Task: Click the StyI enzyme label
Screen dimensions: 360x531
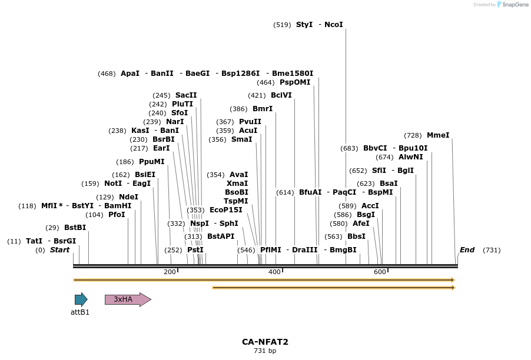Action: coord(304,25)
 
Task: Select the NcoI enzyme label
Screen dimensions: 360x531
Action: coord(333,25)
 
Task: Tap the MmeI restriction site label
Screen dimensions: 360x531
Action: coord(438,135)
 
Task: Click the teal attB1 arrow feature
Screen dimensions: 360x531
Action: coord(81,299)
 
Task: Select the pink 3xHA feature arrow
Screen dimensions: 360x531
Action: coord(128,299)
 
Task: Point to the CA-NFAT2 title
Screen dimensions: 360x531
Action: coord(265,342)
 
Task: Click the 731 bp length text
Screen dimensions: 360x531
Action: coord(265,351)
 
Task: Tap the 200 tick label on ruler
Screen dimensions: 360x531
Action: coord(170,272)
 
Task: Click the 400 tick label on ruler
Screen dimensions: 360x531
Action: coord(274,272)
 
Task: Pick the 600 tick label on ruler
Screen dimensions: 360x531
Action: coord(380,272)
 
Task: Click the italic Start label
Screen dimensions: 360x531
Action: coord(59,250)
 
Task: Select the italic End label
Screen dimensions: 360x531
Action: coord(467,250)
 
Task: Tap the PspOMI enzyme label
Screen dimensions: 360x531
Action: coord(295,82)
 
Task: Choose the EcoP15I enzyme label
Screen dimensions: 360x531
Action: coord(225,210)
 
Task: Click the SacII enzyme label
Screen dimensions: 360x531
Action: coord(186,95)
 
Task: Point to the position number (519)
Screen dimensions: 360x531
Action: coord(282,25)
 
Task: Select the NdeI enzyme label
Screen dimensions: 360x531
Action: coord(128,197)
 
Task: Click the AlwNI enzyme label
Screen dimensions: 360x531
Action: coord(411,157)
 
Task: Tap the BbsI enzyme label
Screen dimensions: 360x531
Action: coord(356,236)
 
